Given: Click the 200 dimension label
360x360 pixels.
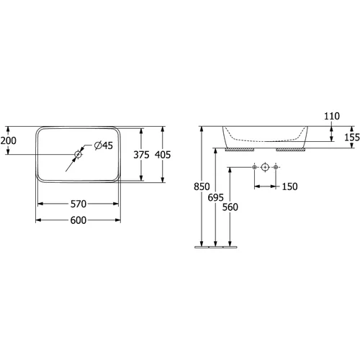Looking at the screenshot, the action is point(9,140).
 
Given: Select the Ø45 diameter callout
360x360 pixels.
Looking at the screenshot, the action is point(104,145).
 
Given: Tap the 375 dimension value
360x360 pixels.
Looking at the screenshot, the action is point(141,155).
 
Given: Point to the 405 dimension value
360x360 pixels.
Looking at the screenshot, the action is point(163,155).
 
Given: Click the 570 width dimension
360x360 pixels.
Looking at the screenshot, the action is point(78,204).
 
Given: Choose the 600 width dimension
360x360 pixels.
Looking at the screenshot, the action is point(78,220).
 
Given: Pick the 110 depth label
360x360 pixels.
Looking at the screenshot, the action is point(332,116).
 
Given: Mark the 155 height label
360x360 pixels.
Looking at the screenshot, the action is point(352,138).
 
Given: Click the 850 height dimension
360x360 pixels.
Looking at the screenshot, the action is point(202,186).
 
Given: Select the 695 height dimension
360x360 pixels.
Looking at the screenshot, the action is point(216,197).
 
